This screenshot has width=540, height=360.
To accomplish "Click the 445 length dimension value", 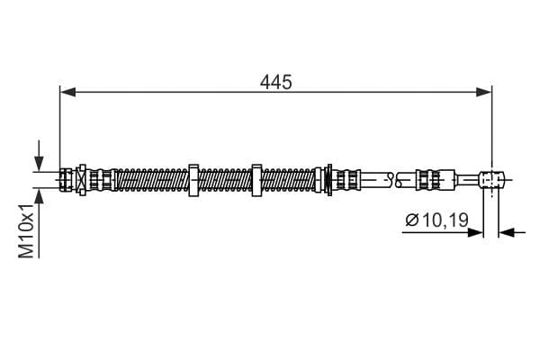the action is (x=276, y=82).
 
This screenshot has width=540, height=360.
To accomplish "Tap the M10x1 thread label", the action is (x=26, y=230).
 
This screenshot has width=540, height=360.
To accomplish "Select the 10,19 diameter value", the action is (x=445, y=220).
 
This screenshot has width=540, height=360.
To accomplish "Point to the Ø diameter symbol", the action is (x=412, y=220).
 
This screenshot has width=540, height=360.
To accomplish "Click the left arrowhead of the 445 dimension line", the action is (x=67, y=93).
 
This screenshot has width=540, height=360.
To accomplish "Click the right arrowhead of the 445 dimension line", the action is (x=484, y=93).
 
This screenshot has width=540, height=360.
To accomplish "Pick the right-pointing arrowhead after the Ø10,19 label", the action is (x=475, y=233).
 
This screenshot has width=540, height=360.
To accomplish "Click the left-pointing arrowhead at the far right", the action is (x=507, y=233).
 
